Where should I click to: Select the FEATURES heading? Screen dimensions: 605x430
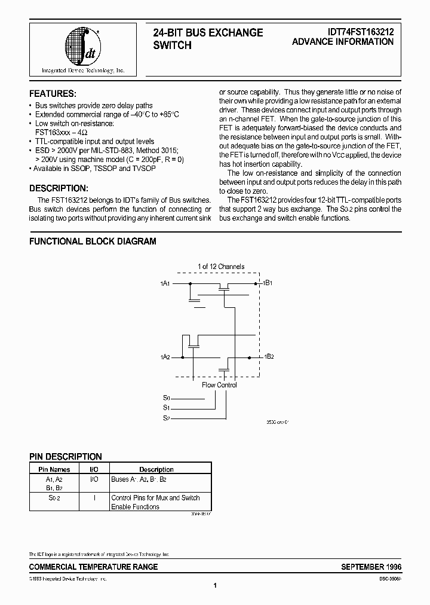pos(53,94)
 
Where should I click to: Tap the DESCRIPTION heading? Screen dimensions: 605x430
pos(59,188)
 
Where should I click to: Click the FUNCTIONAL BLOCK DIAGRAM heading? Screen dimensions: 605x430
pos(93,242)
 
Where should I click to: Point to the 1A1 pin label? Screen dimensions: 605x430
pos(165,282)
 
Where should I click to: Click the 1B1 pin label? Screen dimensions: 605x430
pos(268,282)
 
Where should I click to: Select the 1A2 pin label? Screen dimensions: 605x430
pos(165,357)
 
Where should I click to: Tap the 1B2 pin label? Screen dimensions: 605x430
pos(269,356)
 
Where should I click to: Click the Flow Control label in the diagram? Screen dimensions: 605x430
pos(219,385)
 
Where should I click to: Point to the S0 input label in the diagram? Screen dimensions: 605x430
pos(167,398)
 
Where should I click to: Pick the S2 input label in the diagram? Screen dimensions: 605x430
pos(167,418)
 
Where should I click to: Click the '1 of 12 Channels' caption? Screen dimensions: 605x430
pos(220,267)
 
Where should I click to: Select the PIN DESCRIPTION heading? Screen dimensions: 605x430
pos(66,457)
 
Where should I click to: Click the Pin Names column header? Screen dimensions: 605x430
pos(54,470)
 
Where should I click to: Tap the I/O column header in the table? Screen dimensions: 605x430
pos(94,470)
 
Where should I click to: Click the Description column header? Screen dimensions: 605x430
pos(156,470)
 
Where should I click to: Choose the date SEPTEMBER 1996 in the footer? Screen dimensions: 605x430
pos(371,567)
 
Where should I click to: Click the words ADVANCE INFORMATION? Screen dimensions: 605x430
pos(343,42)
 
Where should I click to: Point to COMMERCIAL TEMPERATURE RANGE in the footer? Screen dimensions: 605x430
pos(94,567)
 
